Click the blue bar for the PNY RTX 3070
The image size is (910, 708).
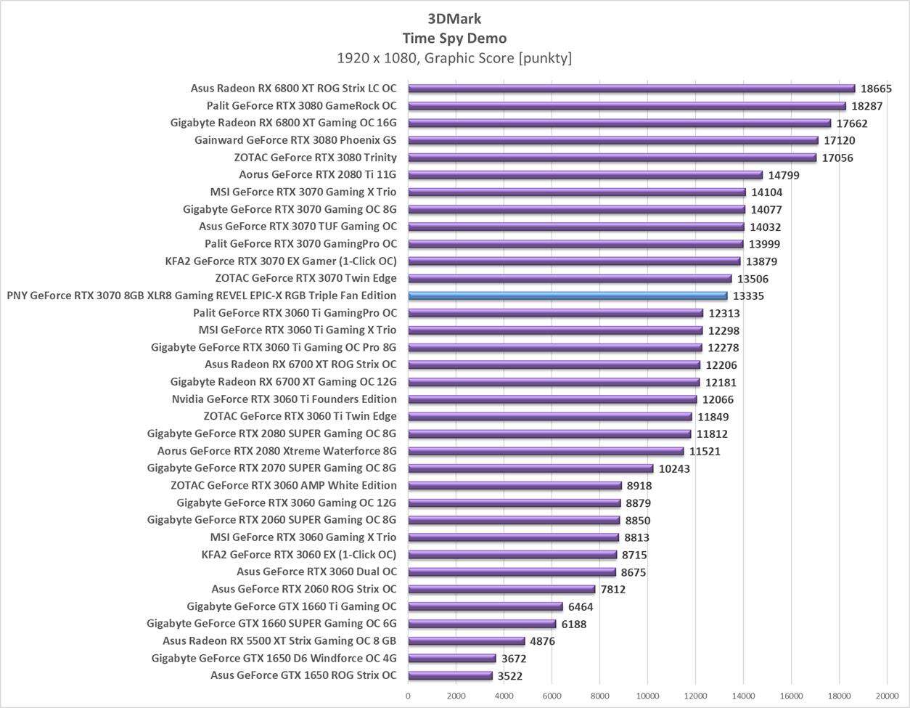tap(567, 296)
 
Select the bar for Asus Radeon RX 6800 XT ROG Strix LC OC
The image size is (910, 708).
tap(631, 89)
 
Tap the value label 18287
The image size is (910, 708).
tap(867, 106)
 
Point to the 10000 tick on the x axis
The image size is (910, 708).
tap(647, 696)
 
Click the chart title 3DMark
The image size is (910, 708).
tap(454, 19)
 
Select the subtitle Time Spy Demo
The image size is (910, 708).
tap(454, 38)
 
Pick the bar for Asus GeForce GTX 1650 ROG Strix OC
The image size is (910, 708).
tap(450, 675)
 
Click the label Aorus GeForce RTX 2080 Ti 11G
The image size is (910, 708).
tap(318, 174)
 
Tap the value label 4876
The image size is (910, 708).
tap(545, 641)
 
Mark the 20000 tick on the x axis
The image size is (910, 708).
tap(887, 696)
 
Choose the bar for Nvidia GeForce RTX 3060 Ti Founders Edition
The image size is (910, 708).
tap(552, 399)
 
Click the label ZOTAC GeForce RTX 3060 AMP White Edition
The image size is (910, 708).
tap(284, 485)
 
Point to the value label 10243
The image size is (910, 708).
tap(674, 468)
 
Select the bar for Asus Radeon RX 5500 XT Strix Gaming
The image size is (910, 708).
tap(466, 641)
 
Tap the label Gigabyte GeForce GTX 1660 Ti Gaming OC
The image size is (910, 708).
tap(292, 606)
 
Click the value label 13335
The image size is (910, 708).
tap(748, 296)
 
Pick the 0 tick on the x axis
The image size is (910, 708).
tap(408, 696)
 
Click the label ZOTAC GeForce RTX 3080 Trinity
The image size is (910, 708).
tap(316, 158)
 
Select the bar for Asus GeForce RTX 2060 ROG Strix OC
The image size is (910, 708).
tap(501, 589)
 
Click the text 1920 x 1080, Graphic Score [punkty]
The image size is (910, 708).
tap(454, 57)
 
